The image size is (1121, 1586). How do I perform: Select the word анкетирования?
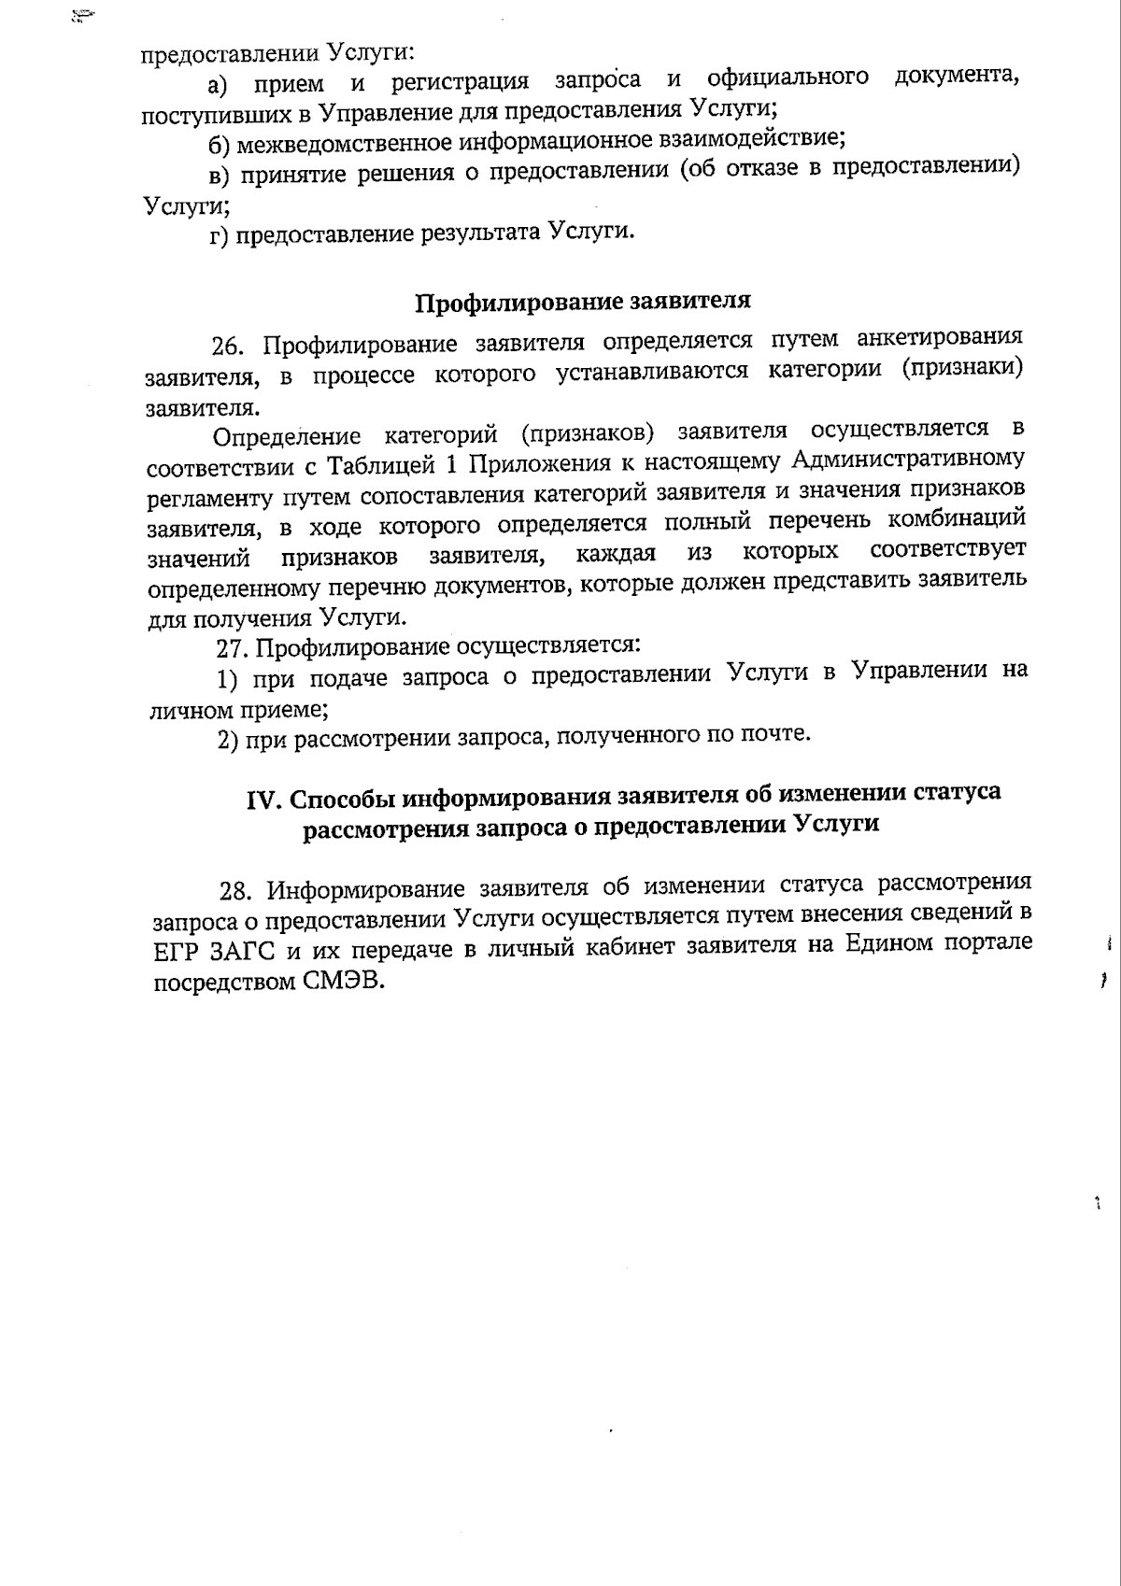939,337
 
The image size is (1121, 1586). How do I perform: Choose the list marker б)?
220,146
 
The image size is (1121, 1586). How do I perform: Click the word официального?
788,78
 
